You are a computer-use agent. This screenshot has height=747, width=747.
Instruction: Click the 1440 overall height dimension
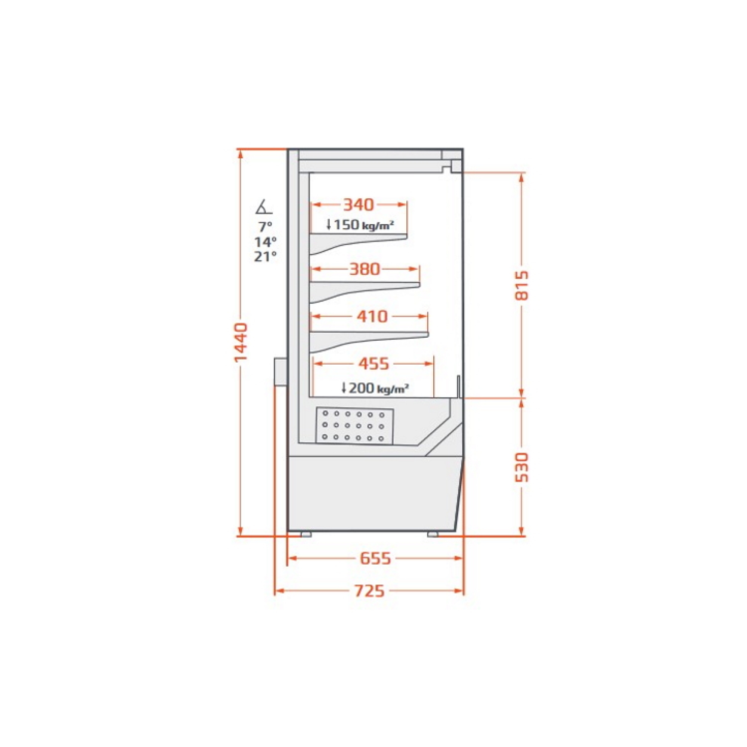coord(241,342)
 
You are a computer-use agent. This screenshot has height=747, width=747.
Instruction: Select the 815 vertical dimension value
coord(521,285)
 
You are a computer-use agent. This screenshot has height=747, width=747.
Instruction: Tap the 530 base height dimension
coord(521,468)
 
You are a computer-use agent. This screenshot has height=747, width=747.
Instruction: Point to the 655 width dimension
coord(375,558)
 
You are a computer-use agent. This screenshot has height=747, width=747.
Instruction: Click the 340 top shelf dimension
coord(359,205)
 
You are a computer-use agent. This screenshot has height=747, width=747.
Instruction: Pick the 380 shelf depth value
coord(365,269)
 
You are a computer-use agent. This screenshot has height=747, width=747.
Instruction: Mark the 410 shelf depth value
coord(372,317)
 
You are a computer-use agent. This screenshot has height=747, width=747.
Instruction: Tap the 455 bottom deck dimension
coord(373,363)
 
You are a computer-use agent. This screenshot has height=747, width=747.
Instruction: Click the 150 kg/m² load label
coord(360,224)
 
